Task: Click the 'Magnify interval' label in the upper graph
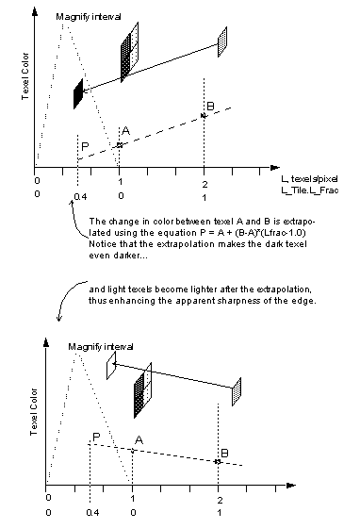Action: pos(85,16)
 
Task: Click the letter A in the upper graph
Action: pos(125,130)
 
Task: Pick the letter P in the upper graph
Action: pos(85,147)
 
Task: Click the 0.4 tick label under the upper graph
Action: pos(78,198)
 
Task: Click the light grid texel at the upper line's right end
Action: pos(222,39)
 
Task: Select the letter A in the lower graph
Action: pos(139,439)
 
